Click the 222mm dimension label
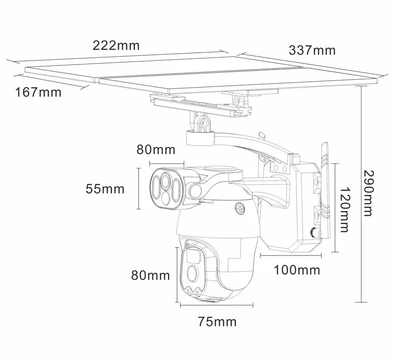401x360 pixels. (x=116, y=45)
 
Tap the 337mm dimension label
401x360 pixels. (x=312, y=50)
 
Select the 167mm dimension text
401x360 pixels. (x=38, y=92)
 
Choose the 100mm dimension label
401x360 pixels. (x=297, y=270)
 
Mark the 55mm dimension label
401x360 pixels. (x=105, y=189)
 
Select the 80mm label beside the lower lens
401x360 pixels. (x=151, y=275)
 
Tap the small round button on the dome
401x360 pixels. (x=239, y=207)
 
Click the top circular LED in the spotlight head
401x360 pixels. (x=165, y=179)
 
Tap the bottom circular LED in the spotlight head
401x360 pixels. (x=165, y=198)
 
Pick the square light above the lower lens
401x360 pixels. (x=191, y=256)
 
